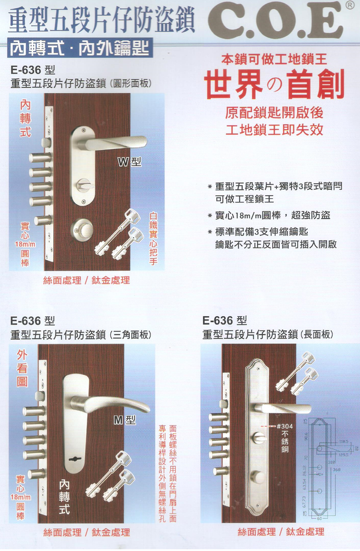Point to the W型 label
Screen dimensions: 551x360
[129, 162]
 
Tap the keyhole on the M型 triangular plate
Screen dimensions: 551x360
[76, 459]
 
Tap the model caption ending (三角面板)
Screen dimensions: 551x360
[81, 334]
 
